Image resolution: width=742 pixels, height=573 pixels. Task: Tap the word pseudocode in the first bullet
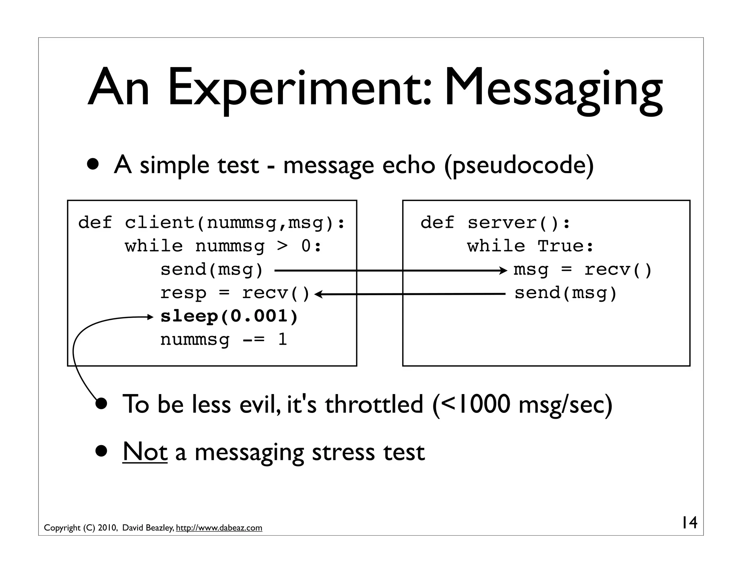[x=518, y=166]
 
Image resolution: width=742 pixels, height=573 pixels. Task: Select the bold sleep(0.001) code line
[x=229, y=317]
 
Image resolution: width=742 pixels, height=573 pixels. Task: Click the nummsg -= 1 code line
[x=224, y=340]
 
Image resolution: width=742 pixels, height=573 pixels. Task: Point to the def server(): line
[x=495, y=222]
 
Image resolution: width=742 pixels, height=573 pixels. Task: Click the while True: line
[x=530, y=246]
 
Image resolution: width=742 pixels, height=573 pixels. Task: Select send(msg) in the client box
[x=212, y=270]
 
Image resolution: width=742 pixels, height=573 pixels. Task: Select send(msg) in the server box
[x=566, y=293]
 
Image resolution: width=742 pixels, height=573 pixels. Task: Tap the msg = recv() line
[x=582, y=270]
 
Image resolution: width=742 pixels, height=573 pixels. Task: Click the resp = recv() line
[x=235, y=293]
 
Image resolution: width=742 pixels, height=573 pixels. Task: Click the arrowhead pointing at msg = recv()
[x=504, y=270]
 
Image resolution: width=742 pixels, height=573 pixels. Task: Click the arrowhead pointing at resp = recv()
[x=318, y=294]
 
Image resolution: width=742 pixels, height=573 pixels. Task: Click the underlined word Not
[x=145, y=452]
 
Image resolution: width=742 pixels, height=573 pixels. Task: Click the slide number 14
[x=688, y=523]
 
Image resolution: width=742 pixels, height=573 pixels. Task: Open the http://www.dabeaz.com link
[x=219, y=528]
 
